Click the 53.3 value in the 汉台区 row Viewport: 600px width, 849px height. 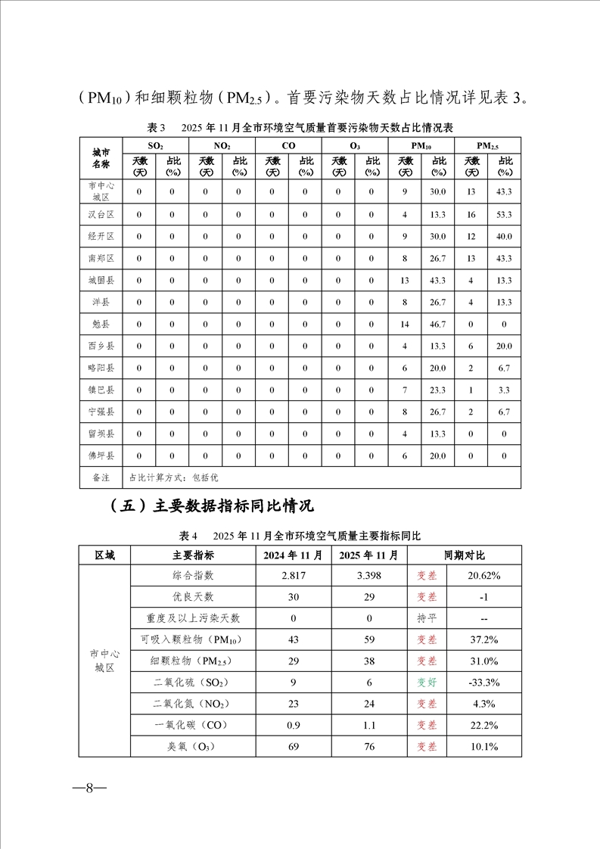[505, 215]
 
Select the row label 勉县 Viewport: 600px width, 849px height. [101, 324]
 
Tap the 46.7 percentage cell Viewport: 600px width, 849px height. [438, 324]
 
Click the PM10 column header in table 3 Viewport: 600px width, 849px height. [421, 145]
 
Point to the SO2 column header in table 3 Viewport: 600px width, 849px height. [155, 145]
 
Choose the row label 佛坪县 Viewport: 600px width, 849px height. [101, 456]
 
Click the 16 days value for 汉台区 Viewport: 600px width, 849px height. [471, 215]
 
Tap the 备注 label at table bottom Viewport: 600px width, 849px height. [101, 477]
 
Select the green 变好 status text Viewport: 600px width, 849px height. [427, 682]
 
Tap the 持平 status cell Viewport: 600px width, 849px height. [427, 618]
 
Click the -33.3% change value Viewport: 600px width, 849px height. [483, 682]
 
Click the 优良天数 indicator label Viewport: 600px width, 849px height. [193, 597]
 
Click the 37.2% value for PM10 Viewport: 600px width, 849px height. [483, 639]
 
